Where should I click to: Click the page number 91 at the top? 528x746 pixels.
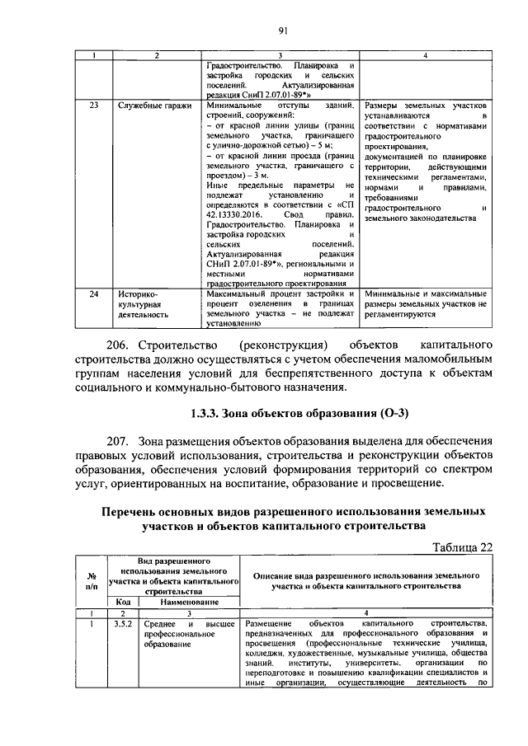281,31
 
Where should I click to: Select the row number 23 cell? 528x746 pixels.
94,106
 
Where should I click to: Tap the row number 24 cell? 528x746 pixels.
94,293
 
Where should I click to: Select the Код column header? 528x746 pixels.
123,603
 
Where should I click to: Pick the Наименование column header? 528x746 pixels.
187,603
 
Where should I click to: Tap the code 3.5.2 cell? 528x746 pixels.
123,624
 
